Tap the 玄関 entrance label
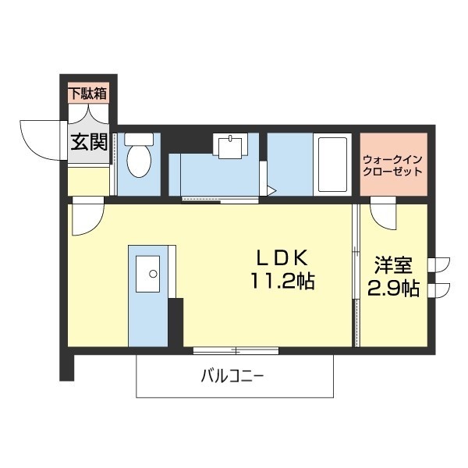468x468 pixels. coord(87,142)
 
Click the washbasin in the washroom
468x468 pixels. coord(232,146)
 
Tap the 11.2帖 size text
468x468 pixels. coord(282,282)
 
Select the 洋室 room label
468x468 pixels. coord(393,265)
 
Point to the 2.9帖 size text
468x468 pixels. coord(393,289)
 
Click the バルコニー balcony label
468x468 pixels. coord(232,376)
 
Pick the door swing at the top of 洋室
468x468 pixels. coord(383,212)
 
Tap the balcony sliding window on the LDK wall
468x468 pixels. coord(236,349)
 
